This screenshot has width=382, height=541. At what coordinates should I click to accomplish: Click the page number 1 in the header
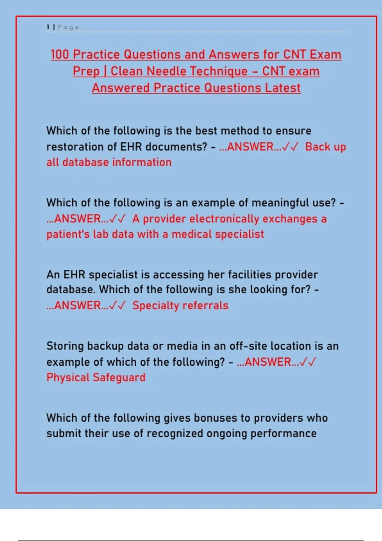48,27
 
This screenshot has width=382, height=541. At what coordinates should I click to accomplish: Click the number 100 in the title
60,55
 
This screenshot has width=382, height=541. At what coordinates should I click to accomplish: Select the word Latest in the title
283,88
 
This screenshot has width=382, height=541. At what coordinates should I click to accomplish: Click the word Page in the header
68,28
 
